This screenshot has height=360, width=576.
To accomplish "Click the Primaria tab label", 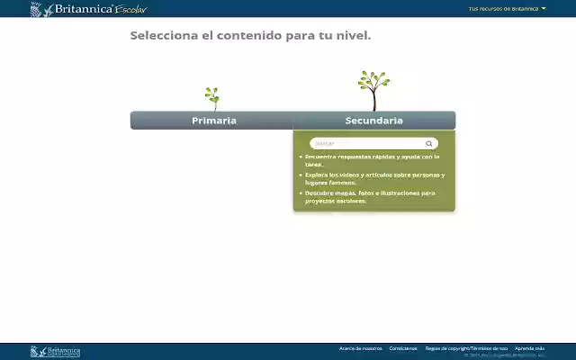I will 213,121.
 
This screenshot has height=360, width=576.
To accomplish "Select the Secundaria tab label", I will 373,121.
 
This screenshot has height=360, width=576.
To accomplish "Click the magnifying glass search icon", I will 429,143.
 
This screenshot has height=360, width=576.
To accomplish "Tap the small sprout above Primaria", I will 212,97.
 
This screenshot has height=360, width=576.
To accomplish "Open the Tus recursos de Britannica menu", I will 503,9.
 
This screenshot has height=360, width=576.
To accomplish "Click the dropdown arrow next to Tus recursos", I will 544,9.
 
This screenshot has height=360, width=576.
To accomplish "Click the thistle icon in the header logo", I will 36,10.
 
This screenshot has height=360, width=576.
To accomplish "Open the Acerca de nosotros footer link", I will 360,348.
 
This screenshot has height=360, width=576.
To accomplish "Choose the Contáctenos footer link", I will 403,348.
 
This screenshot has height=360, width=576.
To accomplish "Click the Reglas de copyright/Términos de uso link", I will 466,348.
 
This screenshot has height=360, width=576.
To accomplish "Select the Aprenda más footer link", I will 529,348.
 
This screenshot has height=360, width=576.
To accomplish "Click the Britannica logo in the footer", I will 56,351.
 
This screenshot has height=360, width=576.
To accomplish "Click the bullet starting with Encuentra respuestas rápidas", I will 371,160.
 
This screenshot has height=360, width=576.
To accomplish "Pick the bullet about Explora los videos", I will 373,178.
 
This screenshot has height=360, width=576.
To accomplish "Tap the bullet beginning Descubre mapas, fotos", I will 369,196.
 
